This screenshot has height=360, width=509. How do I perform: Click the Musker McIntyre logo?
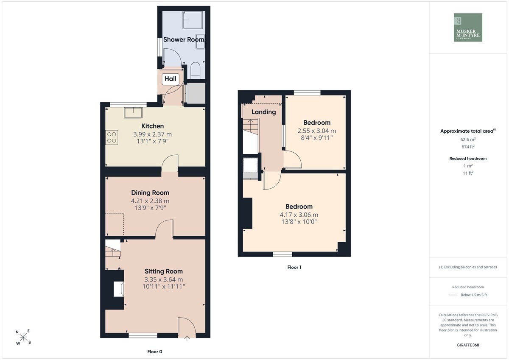point(468,27)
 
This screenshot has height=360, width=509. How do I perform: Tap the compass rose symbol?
point(23,337)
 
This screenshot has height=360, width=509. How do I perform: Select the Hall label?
point(171,79)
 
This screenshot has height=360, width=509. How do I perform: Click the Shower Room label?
point(184,39)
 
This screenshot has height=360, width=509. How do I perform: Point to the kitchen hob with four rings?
point(112,137)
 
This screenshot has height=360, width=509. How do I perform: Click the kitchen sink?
point(133,113)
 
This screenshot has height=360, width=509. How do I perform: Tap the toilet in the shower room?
point(196,70)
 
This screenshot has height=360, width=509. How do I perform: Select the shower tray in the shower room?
point(193,20)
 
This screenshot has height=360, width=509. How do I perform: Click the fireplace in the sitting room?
point(119,289)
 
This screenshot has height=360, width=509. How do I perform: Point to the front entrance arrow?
point(187,338)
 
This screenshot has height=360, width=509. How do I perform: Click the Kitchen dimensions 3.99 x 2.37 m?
point(152,134)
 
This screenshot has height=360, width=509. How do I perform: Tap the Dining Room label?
point(150,193)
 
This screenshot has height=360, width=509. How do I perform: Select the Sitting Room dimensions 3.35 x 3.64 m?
point(164,279)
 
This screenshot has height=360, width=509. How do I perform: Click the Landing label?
point(263,112)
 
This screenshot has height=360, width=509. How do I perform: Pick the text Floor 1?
point(294,267)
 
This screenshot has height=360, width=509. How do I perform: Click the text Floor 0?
point(155,352)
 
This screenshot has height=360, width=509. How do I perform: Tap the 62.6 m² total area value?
point(468,140)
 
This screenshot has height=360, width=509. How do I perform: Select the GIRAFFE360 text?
point(468,345)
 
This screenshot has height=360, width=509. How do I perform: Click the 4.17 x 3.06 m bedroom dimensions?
point(299,215)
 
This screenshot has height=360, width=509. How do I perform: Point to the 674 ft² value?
point(468,147)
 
